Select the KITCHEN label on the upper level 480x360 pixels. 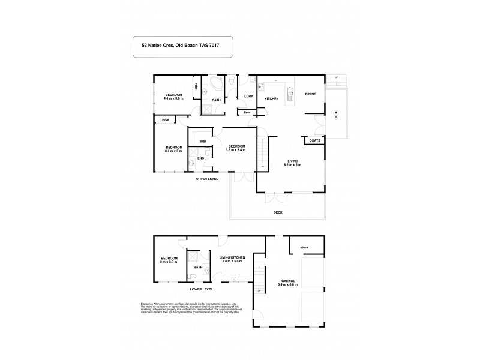point(270,98)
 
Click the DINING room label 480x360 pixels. point(310,94)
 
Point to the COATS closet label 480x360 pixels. point(314,141)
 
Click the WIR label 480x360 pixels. point(203,142)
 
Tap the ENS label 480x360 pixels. point(200,158)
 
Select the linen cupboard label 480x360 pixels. point(247,112)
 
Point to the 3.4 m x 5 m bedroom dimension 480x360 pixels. point(173,151)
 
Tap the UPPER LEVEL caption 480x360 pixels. point(206,179)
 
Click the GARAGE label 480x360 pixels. point(289,281)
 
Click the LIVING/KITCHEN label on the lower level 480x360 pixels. point(232,258)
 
